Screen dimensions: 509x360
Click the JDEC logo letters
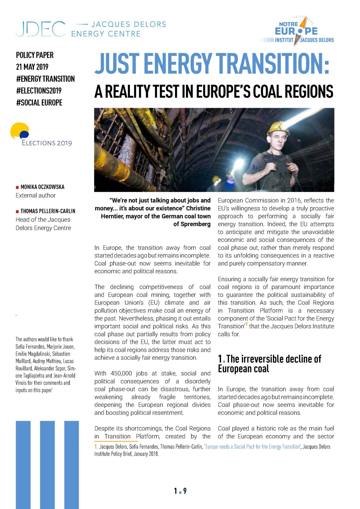click(40, 29)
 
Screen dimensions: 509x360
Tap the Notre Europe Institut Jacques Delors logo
click(297, 31)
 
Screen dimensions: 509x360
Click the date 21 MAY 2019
click(32, 67)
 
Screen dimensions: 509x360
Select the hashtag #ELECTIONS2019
click(39, 91)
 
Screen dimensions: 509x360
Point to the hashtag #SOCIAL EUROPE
click(39, 103)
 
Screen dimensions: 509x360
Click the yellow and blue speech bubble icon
click(20, 131)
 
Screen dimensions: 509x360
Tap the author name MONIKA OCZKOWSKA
click(43, 187)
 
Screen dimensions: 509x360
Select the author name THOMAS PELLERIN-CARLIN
click(48, 211)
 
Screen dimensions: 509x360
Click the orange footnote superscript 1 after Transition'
click(246, 324)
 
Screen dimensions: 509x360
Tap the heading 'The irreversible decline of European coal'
click(269, 364)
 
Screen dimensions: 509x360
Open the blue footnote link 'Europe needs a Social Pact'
click(253, 447)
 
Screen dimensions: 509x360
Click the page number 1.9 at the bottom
click(180, 491)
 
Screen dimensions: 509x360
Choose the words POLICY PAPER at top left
click(35, 55)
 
